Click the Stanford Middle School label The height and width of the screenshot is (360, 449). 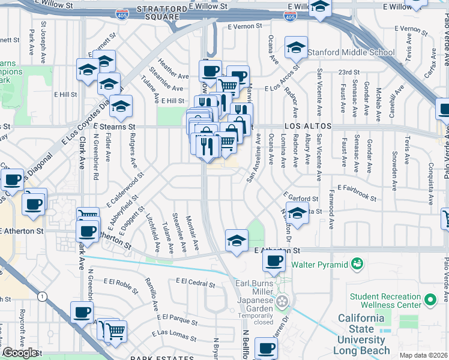tap(351, 52)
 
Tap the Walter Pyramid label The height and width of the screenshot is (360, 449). tap(319, 264)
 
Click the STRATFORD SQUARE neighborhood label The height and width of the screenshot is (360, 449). tap(158, 13)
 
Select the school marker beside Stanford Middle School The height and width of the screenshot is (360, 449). tap(297, 47)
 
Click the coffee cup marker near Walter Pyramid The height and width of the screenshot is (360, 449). tap(274, 261)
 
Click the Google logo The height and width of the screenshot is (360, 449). tap(20, 353)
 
